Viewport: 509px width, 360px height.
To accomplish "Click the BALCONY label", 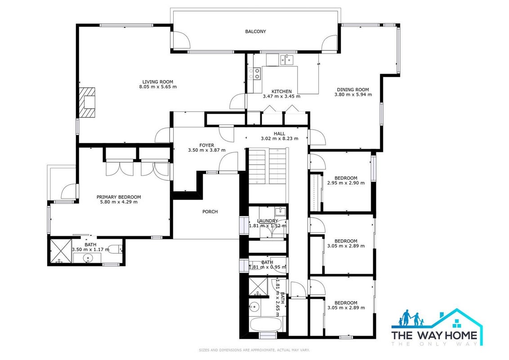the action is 255,31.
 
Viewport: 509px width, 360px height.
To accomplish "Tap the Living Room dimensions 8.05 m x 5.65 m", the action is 158,87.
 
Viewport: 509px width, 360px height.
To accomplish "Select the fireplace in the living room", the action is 87,102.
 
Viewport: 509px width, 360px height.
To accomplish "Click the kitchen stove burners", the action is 254,73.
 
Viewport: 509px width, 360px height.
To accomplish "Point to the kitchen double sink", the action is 286,60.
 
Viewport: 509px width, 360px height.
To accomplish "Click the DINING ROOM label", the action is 353,90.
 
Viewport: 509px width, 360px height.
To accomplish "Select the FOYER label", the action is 207,145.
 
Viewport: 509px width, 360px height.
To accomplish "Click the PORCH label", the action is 210,211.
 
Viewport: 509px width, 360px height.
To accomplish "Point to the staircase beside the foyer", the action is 268,166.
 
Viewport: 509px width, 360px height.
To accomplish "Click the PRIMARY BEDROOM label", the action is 119,197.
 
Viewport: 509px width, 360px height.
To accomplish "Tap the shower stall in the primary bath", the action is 60,251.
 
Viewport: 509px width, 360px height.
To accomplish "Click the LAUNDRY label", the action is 268,221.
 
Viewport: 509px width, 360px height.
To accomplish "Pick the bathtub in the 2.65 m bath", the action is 267,324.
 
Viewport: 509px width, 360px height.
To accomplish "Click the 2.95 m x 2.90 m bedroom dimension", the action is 346,183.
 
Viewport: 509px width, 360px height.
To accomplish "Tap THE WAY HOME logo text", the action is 434,335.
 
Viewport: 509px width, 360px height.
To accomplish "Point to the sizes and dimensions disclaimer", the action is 254,350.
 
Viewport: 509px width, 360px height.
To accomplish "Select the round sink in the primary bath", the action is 88,258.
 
